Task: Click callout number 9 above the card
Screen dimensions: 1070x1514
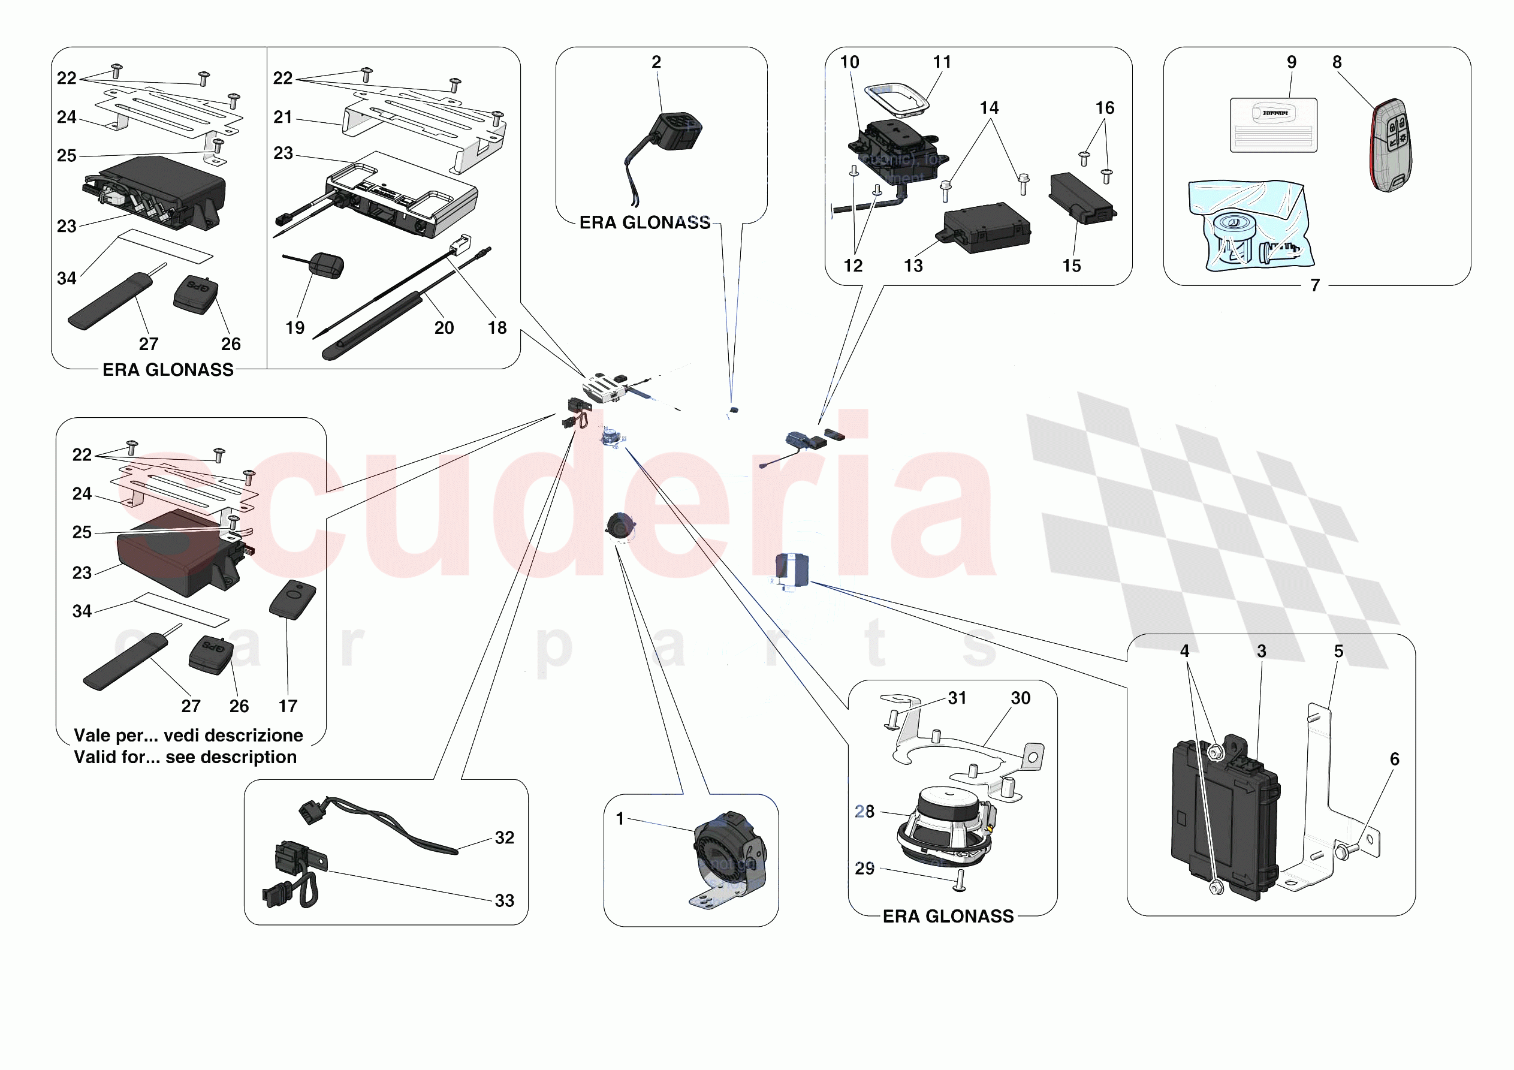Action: [1291, 62]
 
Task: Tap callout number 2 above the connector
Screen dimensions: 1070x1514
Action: [656, 62]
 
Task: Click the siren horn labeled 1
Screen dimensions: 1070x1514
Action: [729, 854]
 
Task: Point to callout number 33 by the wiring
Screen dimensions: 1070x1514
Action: [505, 900]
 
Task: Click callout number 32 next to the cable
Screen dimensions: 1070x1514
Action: [505, 838]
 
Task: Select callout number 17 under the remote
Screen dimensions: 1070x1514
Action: [288, 707]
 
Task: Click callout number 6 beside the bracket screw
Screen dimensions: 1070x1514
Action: [1394, 759]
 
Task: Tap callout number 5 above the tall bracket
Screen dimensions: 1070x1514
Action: [1338, 651]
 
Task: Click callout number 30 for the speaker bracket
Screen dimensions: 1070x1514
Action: [1020, 698]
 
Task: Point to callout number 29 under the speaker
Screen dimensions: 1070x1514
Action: [864, 869]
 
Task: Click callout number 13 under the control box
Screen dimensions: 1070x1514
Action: [913, 266]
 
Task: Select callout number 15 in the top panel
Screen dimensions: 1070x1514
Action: [1072, 266]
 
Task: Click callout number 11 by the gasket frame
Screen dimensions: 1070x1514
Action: [942, 62]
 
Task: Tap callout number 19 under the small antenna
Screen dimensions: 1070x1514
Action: [295, 328]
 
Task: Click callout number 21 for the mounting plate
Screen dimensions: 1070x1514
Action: [283, 117]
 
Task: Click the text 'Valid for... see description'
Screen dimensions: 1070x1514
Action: [185, 757]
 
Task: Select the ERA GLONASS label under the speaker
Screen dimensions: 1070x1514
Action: [948, 917]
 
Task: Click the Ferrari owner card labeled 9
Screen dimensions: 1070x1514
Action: [1272, 125]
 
